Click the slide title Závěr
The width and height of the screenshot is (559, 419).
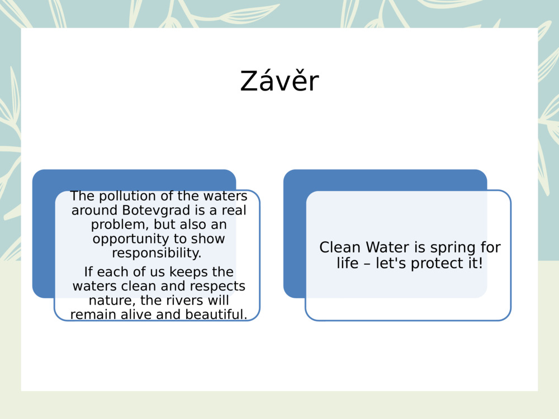point(279,82)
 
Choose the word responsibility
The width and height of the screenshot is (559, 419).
point(157,253)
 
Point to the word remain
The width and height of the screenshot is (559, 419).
point(92,315)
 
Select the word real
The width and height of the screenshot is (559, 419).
point(234,211)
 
